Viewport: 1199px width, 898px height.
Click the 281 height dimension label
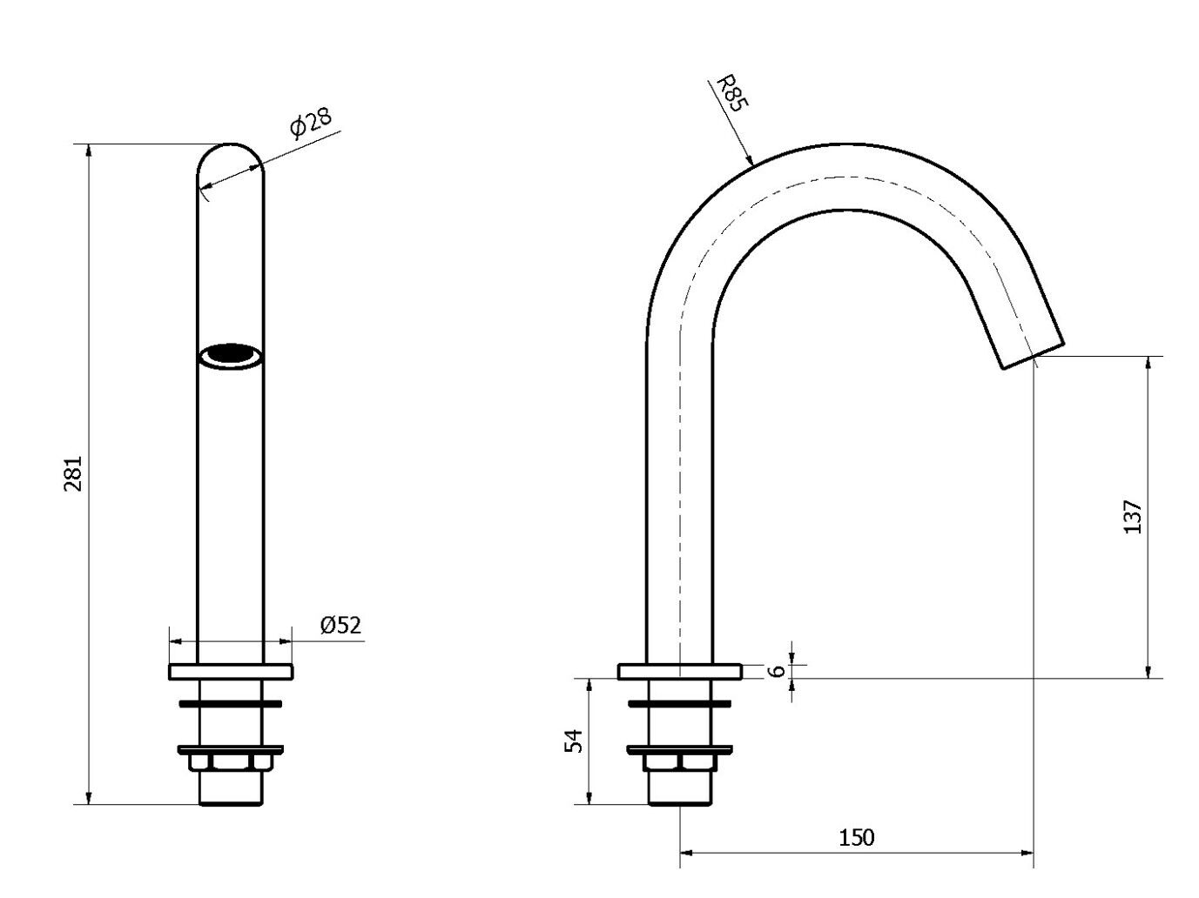74,473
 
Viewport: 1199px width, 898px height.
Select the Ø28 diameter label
311,123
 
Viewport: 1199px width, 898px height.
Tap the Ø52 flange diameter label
340,625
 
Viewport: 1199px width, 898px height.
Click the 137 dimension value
1132,516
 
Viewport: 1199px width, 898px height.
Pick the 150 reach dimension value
856,837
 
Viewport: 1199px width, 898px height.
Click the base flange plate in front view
231,672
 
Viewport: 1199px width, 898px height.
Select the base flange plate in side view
680,671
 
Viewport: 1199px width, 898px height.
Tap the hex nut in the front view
231,763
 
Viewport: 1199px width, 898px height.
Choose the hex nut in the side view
680,763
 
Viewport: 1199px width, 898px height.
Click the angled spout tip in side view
1033,353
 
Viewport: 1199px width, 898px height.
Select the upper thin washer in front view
231,702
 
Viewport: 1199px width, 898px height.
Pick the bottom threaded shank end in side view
680,796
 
